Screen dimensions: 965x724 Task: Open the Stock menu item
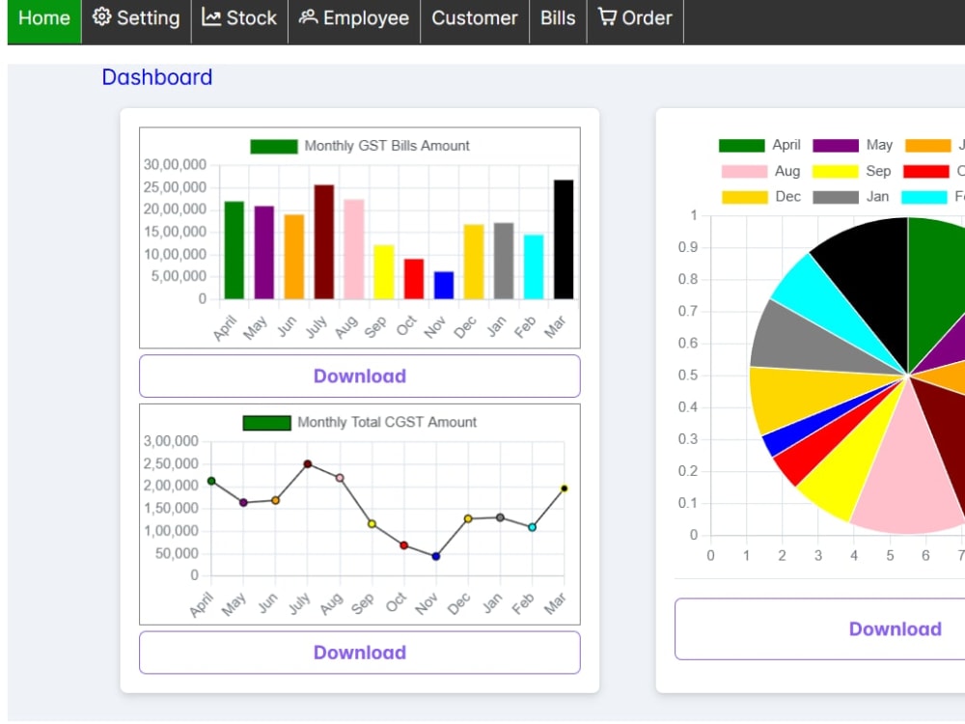(x=239, y=18)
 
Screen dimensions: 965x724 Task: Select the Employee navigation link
(x=354, y=18)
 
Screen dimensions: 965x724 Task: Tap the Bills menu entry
(x=558, y=18)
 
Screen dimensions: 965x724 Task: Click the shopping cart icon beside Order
(x=607, y=16)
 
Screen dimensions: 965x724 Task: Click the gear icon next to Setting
(x=101, y=16)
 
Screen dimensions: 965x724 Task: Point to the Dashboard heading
(x=157, y=77)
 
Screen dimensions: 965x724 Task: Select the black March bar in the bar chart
(x=564, y=239)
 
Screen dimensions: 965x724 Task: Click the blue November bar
(x=444, y=285)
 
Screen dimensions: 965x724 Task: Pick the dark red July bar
(x=323, y=242)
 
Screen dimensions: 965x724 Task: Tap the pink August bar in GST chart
(x=354, y=249)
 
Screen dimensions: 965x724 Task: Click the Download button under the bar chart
(x=360, y=376)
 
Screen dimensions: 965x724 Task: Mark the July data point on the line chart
(x=308, y=464)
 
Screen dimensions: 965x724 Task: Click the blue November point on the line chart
(x=436, y=557)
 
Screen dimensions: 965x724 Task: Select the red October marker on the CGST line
(x=403, y=545)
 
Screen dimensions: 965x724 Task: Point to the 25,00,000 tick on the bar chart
(x=175, y=187)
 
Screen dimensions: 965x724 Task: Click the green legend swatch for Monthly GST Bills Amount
(x=274, y=147)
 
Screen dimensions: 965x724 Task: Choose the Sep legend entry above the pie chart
(x=852, y=171)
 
